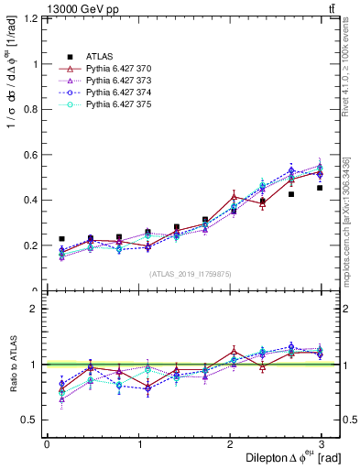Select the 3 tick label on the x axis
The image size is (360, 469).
321,443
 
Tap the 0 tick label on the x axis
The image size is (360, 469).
47,443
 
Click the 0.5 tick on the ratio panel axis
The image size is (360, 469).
31,420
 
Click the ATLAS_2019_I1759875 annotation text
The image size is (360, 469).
191,273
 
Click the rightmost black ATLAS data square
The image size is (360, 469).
320,188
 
